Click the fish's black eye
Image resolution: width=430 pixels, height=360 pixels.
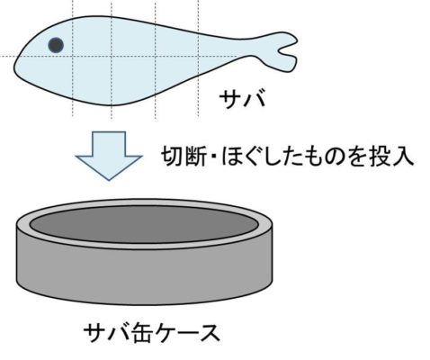pyautogui.click(x=56, y=45)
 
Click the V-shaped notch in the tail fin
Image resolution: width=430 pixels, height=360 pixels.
pyautogui.click(x=280, y=50)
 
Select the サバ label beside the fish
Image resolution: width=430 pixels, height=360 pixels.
pyautogui.click(x=242, y=99)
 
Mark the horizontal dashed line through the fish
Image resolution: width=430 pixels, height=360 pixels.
pyautogui.click(x=120, y=56)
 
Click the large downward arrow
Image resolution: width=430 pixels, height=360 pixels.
pyautogui.click(x=109, y=156)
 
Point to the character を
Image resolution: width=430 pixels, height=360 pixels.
pyautogui.click(x=357, y=157)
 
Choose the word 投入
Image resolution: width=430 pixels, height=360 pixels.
pyautogui.click(x=391, y=156)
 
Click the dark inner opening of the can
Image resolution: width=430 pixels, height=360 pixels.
pyautogui.click(x=144, y=224)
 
